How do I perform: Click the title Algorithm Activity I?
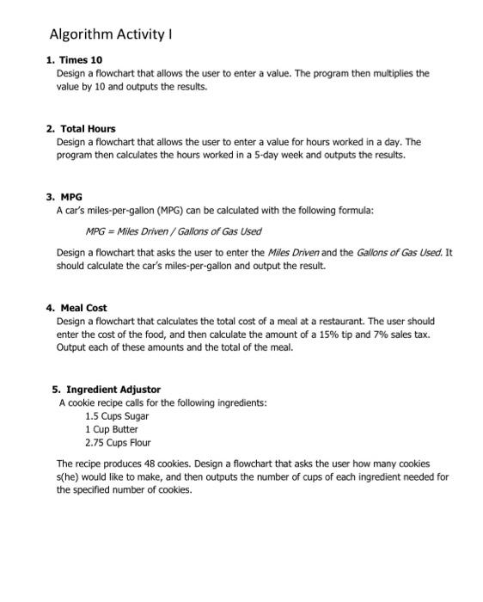111,34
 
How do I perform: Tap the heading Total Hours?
88,128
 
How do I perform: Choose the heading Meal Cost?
83,307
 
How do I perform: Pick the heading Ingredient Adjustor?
113,390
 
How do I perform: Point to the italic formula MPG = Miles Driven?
173,231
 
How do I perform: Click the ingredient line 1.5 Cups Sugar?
117,416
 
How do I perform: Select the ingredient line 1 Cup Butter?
111,429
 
